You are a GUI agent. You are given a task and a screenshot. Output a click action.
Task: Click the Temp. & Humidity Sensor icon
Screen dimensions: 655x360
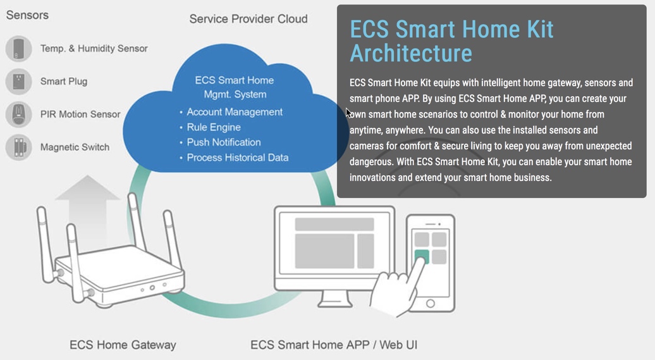coord(19,49)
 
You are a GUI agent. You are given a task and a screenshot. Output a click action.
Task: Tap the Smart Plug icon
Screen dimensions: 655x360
coord(19,81)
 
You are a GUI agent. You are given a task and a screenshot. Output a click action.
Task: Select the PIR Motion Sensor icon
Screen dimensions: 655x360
coord(19,114)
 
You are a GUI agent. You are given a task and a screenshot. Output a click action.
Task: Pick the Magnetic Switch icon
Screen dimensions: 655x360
coord(19,147)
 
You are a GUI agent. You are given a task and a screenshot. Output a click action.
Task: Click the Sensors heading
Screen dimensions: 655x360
coord(27,15)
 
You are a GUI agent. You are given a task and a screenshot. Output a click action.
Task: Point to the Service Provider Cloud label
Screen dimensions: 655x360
coord(248,19)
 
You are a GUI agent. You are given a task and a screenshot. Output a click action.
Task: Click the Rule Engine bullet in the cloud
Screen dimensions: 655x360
coord(214,127)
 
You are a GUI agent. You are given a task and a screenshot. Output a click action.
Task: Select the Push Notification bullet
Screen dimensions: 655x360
coord(223,142)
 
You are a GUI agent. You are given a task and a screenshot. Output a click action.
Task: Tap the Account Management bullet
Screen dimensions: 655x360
coord(235,112)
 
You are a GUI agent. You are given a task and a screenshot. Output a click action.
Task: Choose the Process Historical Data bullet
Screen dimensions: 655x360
coord(237,158)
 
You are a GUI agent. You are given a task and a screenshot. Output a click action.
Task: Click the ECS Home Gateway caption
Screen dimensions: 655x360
coord(123,345)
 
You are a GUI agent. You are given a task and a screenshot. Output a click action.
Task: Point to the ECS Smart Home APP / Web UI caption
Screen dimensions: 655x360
coord(334,345)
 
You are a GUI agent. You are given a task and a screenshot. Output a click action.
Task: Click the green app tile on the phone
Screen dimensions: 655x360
coord(422,256)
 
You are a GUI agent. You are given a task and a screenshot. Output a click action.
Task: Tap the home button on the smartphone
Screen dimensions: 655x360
coord(431,304)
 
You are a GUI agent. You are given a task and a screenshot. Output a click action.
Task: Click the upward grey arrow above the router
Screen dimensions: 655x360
coord(87,209)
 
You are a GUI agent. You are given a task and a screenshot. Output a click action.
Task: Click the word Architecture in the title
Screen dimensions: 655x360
coord(411,53)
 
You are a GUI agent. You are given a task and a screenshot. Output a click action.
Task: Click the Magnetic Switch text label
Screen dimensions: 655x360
coord(75,147)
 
